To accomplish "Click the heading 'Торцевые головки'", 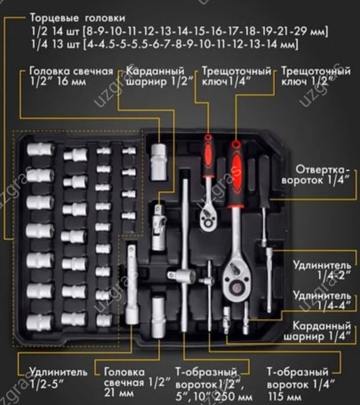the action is pyautogui.click(x=78, y=18).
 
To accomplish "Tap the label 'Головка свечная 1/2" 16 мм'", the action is pyautogui.click(x=71, y=76).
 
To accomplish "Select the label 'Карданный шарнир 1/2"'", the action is pyautogui.click(x=159, y=76).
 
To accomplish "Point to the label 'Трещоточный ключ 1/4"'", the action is pyautogui.click(x=236, y=76).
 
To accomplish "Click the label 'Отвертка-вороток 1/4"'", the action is pyautogui.click(x=316, y=175).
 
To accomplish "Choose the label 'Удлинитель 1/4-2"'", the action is pyautogui.click(x=322, y=270).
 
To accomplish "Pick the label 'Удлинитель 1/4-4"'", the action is pyautogui.click(x=322, y=300).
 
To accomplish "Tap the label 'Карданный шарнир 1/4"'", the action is pyautogui.click(x=317, y=331).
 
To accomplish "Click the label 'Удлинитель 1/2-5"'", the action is pyautogui.click(x=59, y=378).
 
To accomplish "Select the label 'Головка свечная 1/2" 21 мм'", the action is pyautogui.click(x=137, y=382).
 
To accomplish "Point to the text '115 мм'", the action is pyautogui.click(x=285, y=396).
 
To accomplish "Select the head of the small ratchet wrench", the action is pyautogui.click(x=209, y=217).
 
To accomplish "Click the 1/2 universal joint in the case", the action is pyautogui.click(x=159, y=227).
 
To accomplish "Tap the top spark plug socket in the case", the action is pyautogui.click(x=158, y=162).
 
